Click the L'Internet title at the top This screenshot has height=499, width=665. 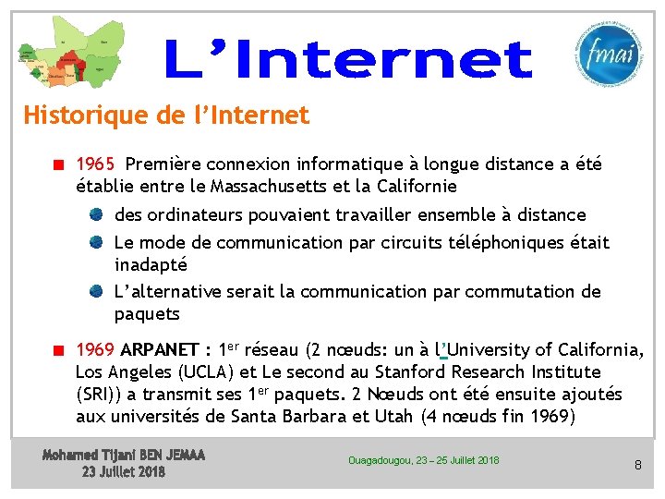point(348,59)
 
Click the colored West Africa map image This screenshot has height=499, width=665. point(70,55)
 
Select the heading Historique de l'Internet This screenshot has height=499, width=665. point(166,116)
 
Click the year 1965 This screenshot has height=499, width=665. point(95,164)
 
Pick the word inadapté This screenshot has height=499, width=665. point(151,264)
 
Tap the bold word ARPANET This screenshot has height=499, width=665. point(160,350)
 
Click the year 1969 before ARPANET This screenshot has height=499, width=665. point(95,350)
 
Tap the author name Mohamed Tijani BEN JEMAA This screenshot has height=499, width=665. point(124,455)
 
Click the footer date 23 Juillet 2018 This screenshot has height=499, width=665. point(124,471)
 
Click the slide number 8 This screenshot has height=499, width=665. point(637,464)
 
